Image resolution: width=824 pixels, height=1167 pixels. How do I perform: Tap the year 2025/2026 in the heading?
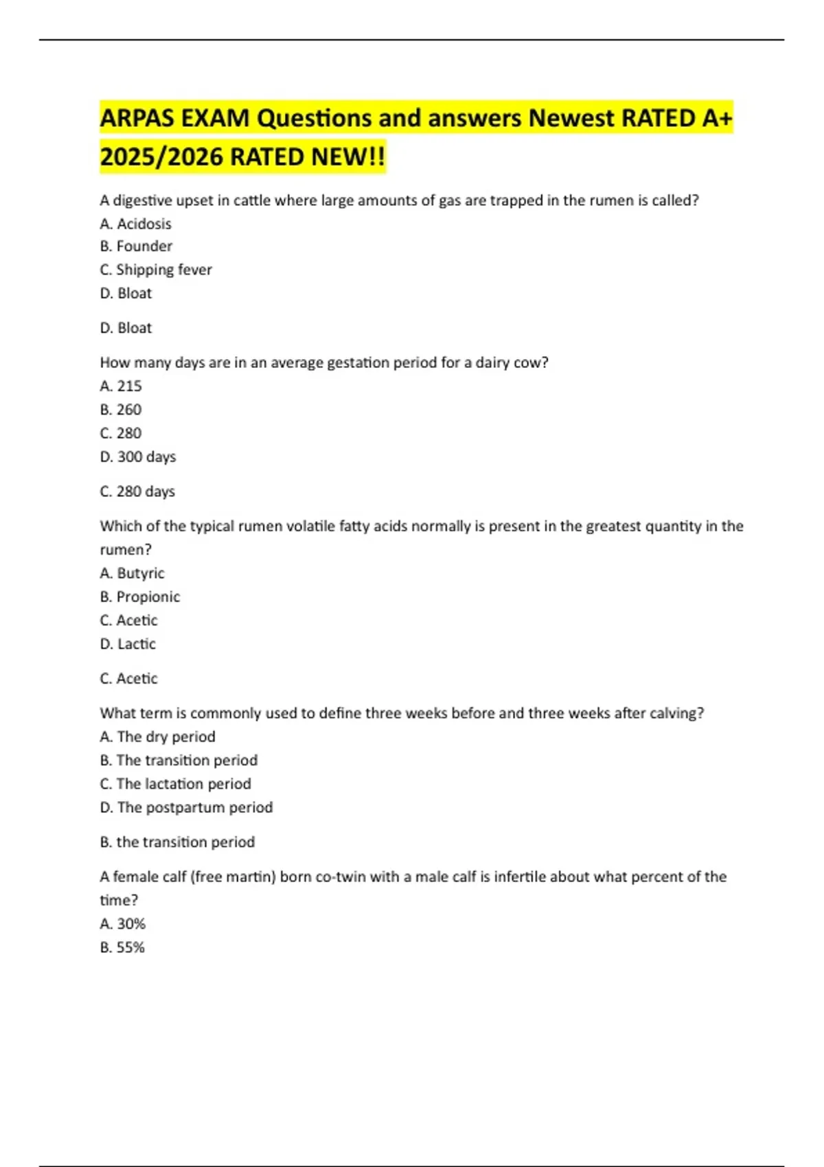coord(161,157)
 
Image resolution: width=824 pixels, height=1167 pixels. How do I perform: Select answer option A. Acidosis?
coord(135,224)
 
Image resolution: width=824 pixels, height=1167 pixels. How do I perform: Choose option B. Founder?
coord(136,246)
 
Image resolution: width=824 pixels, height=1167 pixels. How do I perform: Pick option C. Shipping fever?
coord(156,270)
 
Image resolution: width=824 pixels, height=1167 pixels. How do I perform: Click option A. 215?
coord(121,386)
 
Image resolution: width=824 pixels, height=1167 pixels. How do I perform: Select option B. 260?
coord(121,410)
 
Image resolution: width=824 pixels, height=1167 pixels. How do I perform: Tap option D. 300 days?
coord(138,457)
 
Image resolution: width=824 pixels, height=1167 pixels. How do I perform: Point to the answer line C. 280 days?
coord(137,492)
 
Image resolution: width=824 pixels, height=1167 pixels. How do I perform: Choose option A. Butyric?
coord(132,573)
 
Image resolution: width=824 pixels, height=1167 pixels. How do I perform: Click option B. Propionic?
coord(140,597)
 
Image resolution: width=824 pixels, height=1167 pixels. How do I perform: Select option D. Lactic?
coord(128,644)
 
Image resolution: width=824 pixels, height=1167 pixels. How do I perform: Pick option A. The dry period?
coord(157,737)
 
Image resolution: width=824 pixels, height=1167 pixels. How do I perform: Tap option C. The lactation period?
coord(175,784)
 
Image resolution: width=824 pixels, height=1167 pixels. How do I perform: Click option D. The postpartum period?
coord(186,807)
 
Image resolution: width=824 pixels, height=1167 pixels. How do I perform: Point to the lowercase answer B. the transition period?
coord(177,842)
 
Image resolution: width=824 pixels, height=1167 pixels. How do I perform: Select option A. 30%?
coord(122,924)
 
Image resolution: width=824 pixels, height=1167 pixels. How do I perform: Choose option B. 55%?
coord(122,947)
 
